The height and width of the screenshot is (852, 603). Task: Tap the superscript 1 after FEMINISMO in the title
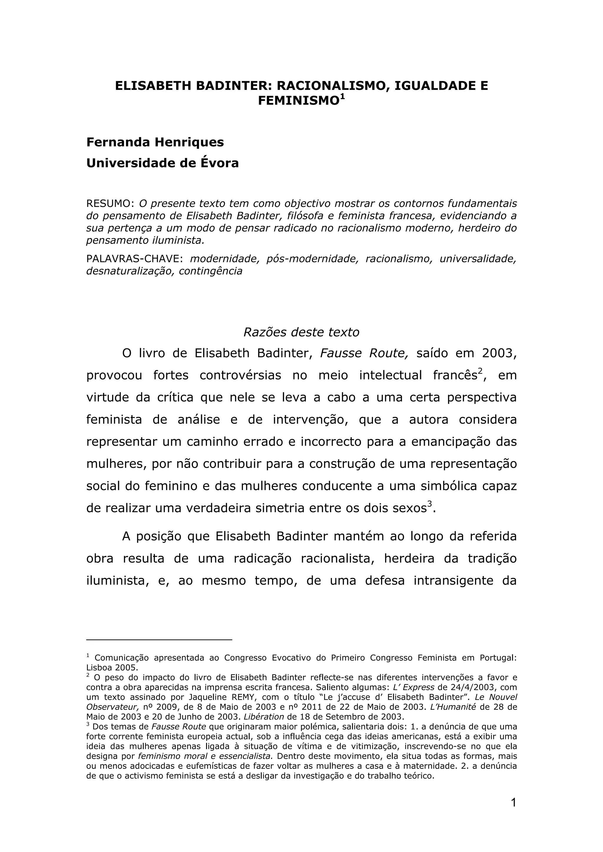[342, 97]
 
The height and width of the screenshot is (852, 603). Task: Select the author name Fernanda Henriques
[155, 142]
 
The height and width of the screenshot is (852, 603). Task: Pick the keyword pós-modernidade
[312, 259]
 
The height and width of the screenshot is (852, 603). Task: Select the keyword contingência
[210, 271]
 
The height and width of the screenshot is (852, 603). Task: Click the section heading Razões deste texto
[301, 332]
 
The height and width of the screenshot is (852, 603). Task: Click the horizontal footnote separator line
[159, 640]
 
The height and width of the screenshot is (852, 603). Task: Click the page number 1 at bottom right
[513, 803]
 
